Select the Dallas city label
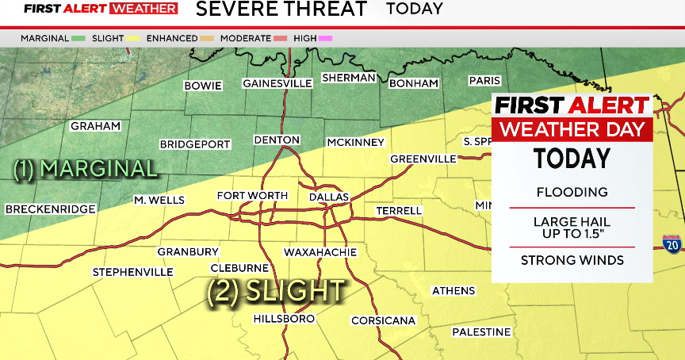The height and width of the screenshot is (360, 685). tap(327, 196)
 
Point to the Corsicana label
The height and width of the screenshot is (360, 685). tap(384, 320)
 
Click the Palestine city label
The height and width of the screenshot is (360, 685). tap(481, 331)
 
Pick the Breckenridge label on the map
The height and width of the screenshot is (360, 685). tap(50, 209)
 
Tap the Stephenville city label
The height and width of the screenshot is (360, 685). tap(132, 272)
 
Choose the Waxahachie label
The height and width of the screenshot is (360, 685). tap(320, 252)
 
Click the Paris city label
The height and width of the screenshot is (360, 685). tap(484, 80)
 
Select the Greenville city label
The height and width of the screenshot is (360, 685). tap(423, 159)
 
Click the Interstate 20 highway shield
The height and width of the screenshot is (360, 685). tap(671, 245)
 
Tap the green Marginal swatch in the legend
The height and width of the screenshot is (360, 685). tap(78, 38)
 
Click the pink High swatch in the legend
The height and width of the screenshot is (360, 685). tap(326, 38)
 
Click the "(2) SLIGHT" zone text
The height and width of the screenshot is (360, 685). tap(276, 291)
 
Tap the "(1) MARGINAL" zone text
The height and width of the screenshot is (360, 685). tap(86, 168)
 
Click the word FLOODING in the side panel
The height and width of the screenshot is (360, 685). tap(572, 192)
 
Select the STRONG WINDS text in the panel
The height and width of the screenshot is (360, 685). tap(572, 260)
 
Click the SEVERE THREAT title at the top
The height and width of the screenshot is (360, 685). tap(281, 10)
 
